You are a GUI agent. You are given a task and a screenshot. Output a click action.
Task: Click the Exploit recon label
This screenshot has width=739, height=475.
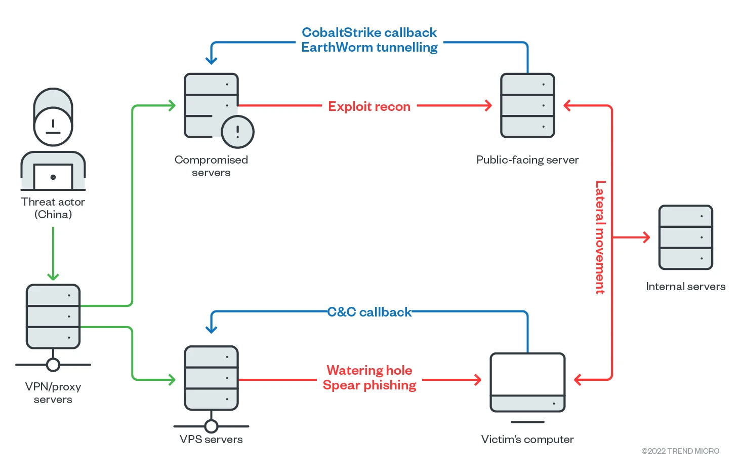(x=369, y=106)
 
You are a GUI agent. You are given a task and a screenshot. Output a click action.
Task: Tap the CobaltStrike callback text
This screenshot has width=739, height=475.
(x=369, y=32)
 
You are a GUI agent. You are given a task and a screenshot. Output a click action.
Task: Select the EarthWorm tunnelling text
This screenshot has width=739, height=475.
(x=369, y=47)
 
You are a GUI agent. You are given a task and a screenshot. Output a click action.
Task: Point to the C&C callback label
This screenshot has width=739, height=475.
(x=369, y=312)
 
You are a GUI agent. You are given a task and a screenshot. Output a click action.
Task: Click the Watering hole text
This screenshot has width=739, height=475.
(x=369, y=370)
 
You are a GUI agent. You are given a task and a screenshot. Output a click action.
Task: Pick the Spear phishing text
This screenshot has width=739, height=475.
(x=369, y=385)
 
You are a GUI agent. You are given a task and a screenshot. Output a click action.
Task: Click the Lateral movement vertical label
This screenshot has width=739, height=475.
(x=600, y=237)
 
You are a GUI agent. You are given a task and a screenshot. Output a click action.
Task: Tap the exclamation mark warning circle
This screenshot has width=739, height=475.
(x=237, y=132)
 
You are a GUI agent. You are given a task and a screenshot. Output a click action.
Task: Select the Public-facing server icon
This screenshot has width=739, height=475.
(x=527, y=105)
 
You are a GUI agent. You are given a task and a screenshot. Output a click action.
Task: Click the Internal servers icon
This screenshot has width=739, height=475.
(x=685, y=237)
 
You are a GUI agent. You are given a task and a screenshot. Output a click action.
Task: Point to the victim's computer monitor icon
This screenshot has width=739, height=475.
(x=527, y=382)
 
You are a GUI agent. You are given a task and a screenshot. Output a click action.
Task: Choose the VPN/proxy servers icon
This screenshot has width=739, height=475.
(x=53, y=316)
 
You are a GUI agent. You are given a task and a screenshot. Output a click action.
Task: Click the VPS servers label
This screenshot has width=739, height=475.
(x=211, y=440)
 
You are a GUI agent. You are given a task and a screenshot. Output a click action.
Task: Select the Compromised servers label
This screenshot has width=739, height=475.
(x=211, y=166)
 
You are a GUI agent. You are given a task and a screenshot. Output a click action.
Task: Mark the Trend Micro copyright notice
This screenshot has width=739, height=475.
(x=680, y=451)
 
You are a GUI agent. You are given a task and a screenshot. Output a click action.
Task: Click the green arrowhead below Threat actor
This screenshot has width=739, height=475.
(x=53, y=276)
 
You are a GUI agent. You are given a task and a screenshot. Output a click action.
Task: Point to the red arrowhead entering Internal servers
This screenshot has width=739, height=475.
(x=646, y=237)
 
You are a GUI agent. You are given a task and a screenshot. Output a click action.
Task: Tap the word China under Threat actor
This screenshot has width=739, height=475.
(x=53, y=214)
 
